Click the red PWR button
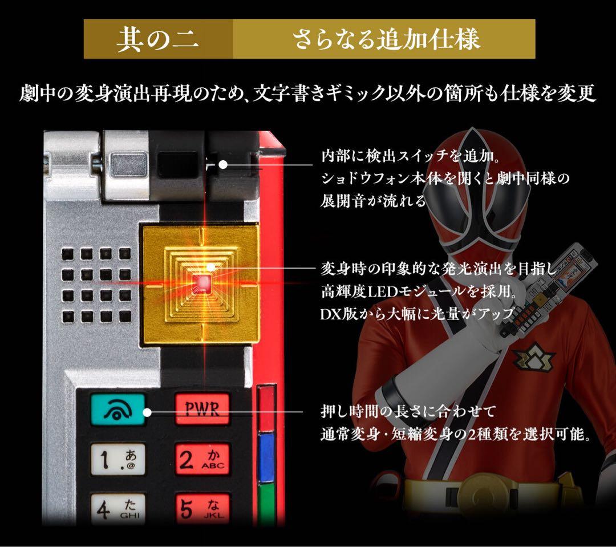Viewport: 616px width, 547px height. [x=202, y=408]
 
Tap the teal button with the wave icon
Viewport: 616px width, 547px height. [x=117, y=409]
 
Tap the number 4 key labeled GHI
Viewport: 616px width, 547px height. [x=117, y=508]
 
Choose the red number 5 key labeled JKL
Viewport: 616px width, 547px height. [x=202, y=508]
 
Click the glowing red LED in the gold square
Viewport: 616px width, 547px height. [x=203, y=282]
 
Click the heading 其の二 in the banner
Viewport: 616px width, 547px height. [x=158, y=40]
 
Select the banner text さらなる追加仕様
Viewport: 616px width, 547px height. [x=386, y=40]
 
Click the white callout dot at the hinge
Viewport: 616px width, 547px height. [x=223, y=165]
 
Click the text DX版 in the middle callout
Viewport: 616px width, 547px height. [x=339, y=314]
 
